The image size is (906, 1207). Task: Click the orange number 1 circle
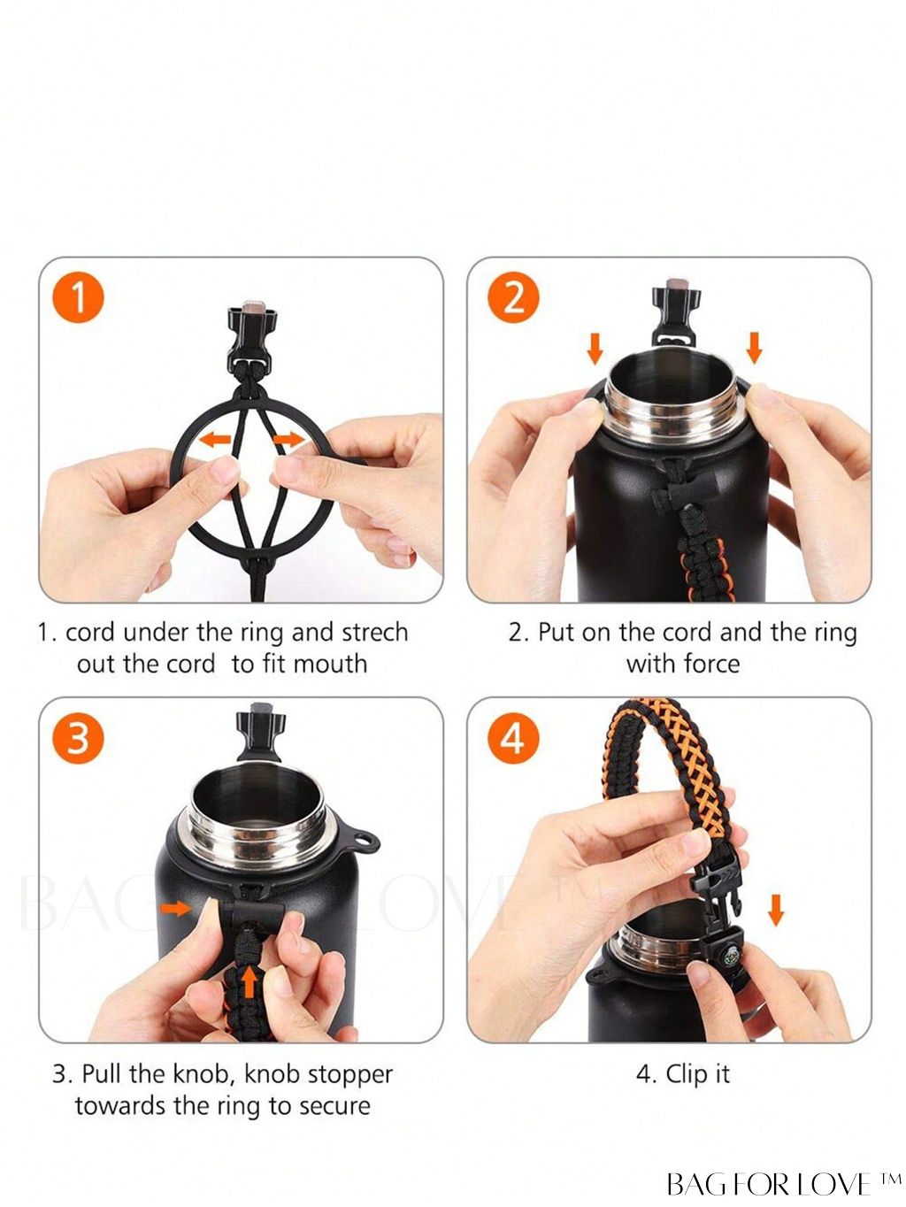click(78, 297)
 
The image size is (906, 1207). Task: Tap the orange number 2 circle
click(513, 297)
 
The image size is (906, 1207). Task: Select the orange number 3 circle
click(78, 737)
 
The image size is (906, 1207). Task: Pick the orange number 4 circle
click(513, 737)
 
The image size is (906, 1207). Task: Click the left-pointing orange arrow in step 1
click(214, 439)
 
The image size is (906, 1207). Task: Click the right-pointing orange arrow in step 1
click(289, 439)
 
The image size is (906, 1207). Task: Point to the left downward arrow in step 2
click(595, 348)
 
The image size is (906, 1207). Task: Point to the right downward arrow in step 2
click(755, 348)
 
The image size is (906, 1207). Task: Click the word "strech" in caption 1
click(375, 633)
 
